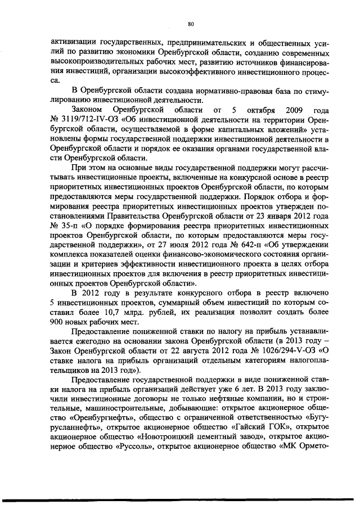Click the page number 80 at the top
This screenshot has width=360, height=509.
pyautogui.click(x=191, y=24)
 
